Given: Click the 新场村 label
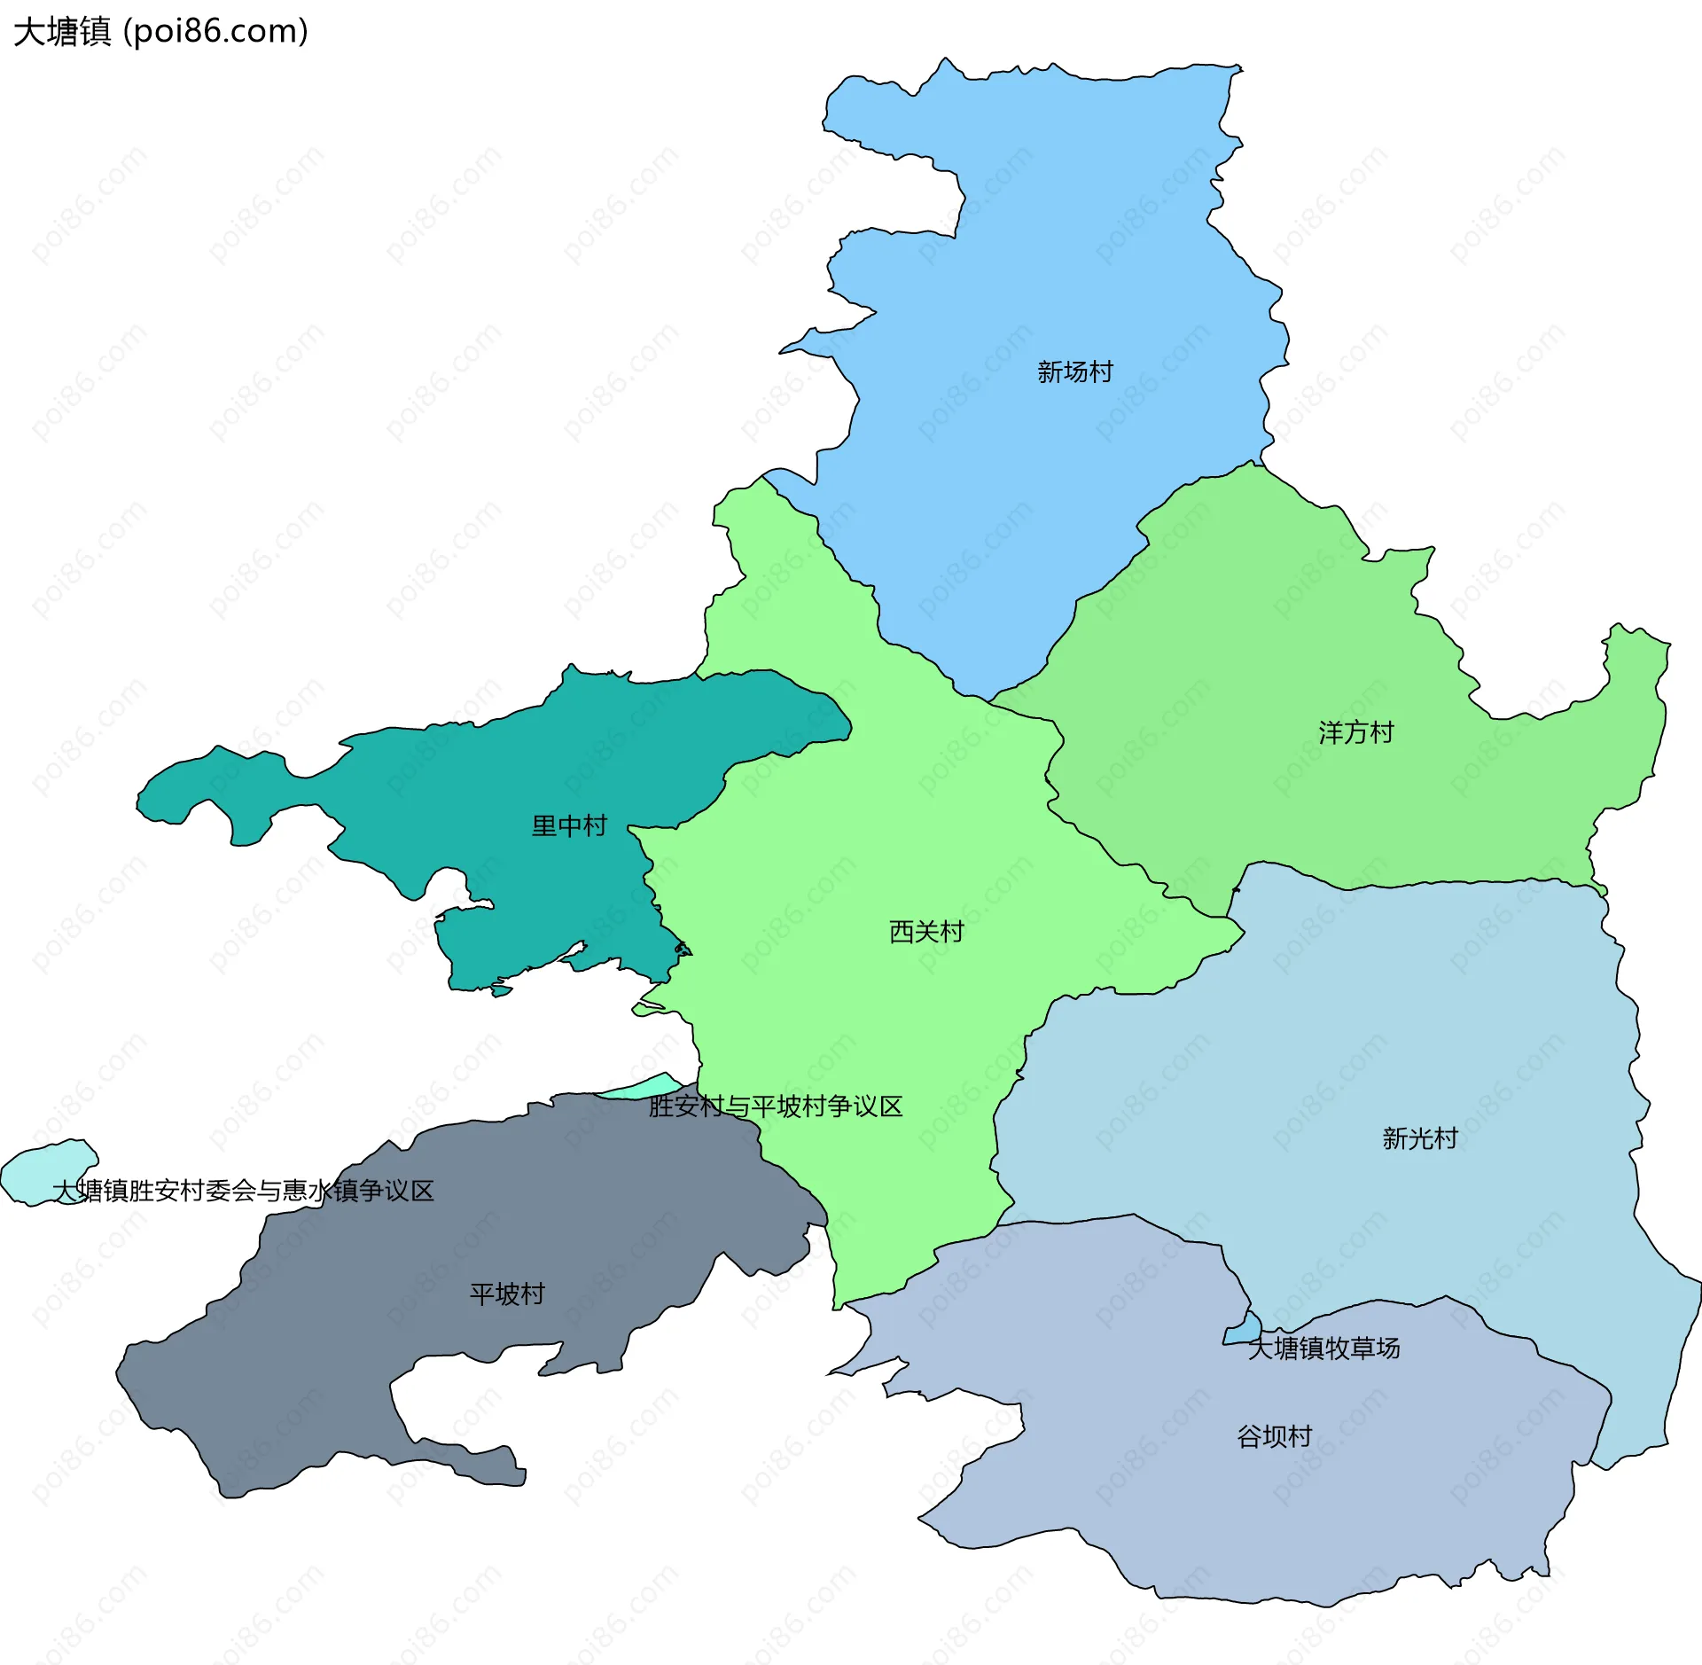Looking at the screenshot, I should pos(1074,372).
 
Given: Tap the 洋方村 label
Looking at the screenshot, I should pos(1355,733).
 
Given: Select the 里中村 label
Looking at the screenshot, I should pos(568,826).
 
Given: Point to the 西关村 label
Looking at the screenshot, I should pos(925,932).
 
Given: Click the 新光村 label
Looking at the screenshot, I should pos(1419,1138).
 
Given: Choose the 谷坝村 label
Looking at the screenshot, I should pos(1274,1436).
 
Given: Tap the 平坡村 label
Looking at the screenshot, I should pos(506,1294).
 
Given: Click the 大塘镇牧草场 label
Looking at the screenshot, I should pos(1323,1348).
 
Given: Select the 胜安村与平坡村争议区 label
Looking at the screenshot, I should pos(775,1106).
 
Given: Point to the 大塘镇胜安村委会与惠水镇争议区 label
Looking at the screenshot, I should pos(243,1191).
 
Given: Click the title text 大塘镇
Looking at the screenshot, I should pos(62,32).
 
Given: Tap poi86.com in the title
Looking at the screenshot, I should pos(216,32).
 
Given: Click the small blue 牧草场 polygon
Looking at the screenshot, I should pos(1244,1330).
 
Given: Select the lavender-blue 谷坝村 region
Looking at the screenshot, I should pos(1152,1507).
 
